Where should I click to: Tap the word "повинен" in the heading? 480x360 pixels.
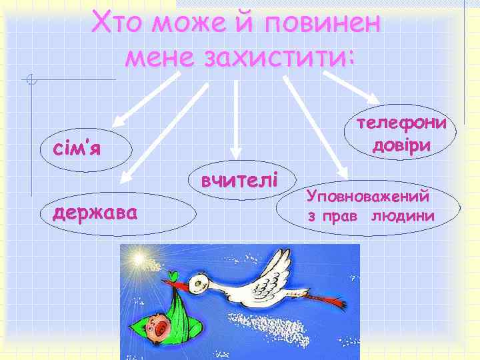point(322,25)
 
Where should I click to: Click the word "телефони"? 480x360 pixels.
point(401,125)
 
